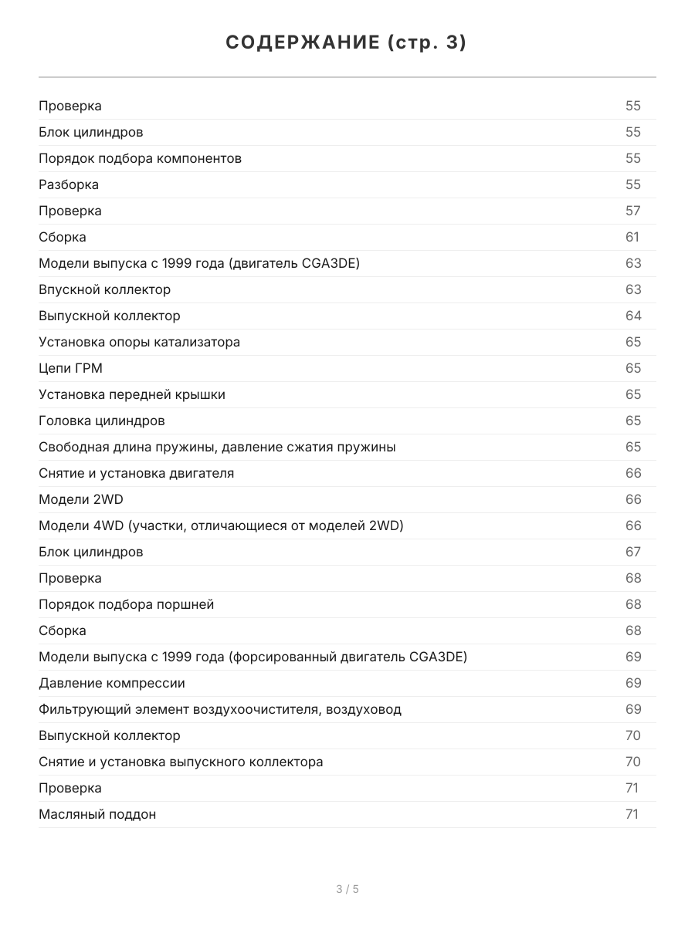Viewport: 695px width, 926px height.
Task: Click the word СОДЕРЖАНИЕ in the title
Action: pos(302,43)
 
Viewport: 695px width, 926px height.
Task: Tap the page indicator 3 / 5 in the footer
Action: pos(347,889)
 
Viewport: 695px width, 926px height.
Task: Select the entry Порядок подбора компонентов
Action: pos(140,158)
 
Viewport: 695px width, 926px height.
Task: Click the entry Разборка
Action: pos(69,184)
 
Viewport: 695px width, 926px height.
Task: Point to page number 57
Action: pos(632,211)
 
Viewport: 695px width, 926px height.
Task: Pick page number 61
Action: pos(632,237)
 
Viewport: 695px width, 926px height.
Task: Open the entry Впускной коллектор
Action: pos(104,289)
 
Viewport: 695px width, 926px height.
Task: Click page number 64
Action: pos(632,316)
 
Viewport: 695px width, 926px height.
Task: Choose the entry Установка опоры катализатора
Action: pos(139,342)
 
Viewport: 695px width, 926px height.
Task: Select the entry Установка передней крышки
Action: pos(132,394)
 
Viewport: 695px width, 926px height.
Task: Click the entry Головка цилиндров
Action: pos(101,421)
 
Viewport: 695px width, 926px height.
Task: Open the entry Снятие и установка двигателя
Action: pos(136,473)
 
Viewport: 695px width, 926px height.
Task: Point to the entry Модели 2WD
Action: pos(81,499)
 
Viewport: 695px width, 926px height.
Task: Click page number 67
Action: pos(632,552)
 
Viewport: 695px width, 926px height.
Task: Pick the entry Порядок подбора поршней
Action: pos(126,604)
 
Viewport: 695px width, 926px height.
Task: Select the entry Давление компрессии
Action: pos(112,683)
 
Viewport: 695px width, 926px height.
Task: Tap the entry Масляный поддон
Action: pos(97,814)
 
